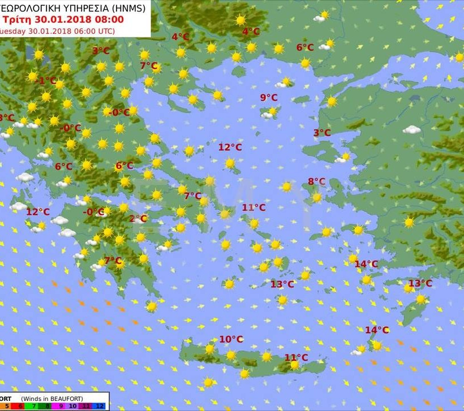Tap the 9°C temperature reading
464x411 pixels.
tap(269, 98)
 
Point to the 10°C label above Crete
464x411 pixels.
tap(231, 339)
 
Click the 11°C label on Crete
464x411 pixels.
tap(296, 357)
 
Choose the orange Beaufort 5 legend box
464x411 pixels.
tap(6, 405)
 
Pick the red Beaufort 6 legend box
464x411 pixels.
tap(21, 405)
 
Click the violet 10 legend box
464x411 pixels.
tap(74, 405)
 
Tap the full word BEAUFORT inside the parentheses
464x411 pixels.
tap(83, 397)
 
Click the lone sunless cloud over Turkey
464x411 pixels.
tap(412, 130)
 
